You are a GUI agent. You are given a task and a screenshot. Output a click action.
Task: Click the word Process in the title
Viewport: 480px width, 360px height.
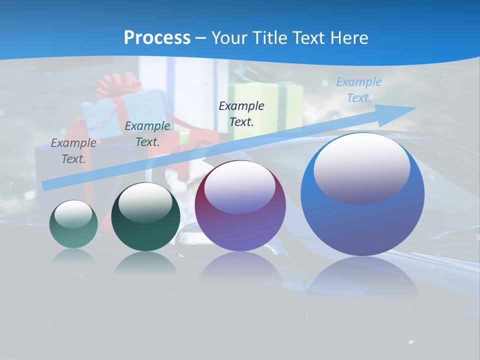(x=157, y=38)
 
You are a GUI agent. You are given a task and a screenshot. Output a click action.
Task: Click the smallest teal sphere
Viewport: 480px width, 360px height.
(x=73, y=224)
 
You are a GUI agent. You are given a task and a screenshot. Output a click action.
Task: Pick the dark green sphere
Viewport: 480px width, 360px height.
(x=145, y=217)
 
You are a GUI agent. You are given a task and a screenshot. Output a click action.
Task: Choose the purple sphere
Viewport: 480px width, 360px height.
(x=240, y=206)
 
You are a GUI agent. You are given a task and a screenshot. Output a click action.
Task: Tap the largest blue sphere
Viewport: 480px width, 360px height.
(x=362, y=194)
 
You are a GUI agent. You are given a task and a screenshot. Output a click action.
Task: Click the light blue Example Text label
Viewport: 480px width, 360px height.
(x=359, y=90)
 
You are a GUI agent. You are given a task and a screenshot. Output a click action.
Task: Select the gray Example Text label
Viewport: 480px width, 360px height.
(x=73, y=151)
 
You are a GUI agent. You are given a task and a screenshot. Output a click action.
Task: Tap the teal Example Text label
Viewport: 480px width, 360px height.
(x=147, y=134)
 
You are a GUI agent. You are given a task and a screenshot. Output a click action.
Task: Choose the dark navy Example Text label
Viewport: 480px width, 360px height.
(x=241, y=114)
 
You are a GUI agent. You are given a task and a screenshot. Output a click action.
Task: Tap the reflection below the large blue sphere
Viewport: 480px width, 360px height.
(x=362, y=277)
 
